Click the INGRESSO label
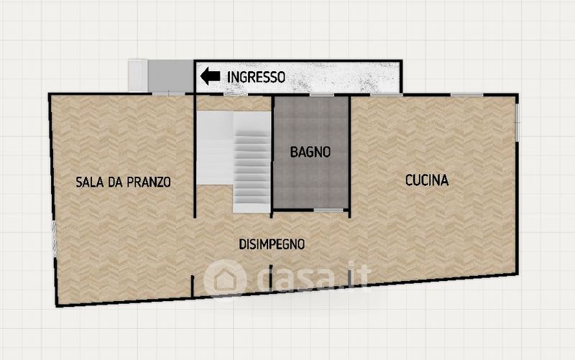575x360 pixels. (x=256, y=78)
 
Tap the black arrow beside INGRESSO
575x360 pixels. (x=210, y=76)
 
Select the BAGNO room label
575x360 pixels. (x=310, y=152)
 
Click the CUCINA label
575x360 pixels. (x=427, y=180)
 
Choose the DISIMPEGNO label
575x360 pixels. (x=272, y=244)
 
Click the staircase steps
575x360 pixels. (x=252, y=172)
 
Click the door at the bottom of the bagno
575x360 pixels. (x=328, y=210)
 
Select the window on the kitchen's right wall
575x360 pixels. (x=517, y=118)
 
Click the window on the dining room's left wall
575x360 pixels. (x=55, y=239)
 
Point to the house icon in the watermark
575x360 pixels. (x=224, y=279)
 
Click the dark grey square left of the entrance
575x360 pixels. (x=170, y=76)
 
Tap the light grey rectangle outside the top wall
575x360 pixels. (x=138, y=75)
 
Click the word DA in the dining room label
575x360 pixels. (x=115, y=183)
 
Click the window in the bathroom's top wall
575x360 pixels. (x=321, y=95)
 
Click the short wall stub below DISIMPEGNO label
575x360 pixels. (x=271, y=277)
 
